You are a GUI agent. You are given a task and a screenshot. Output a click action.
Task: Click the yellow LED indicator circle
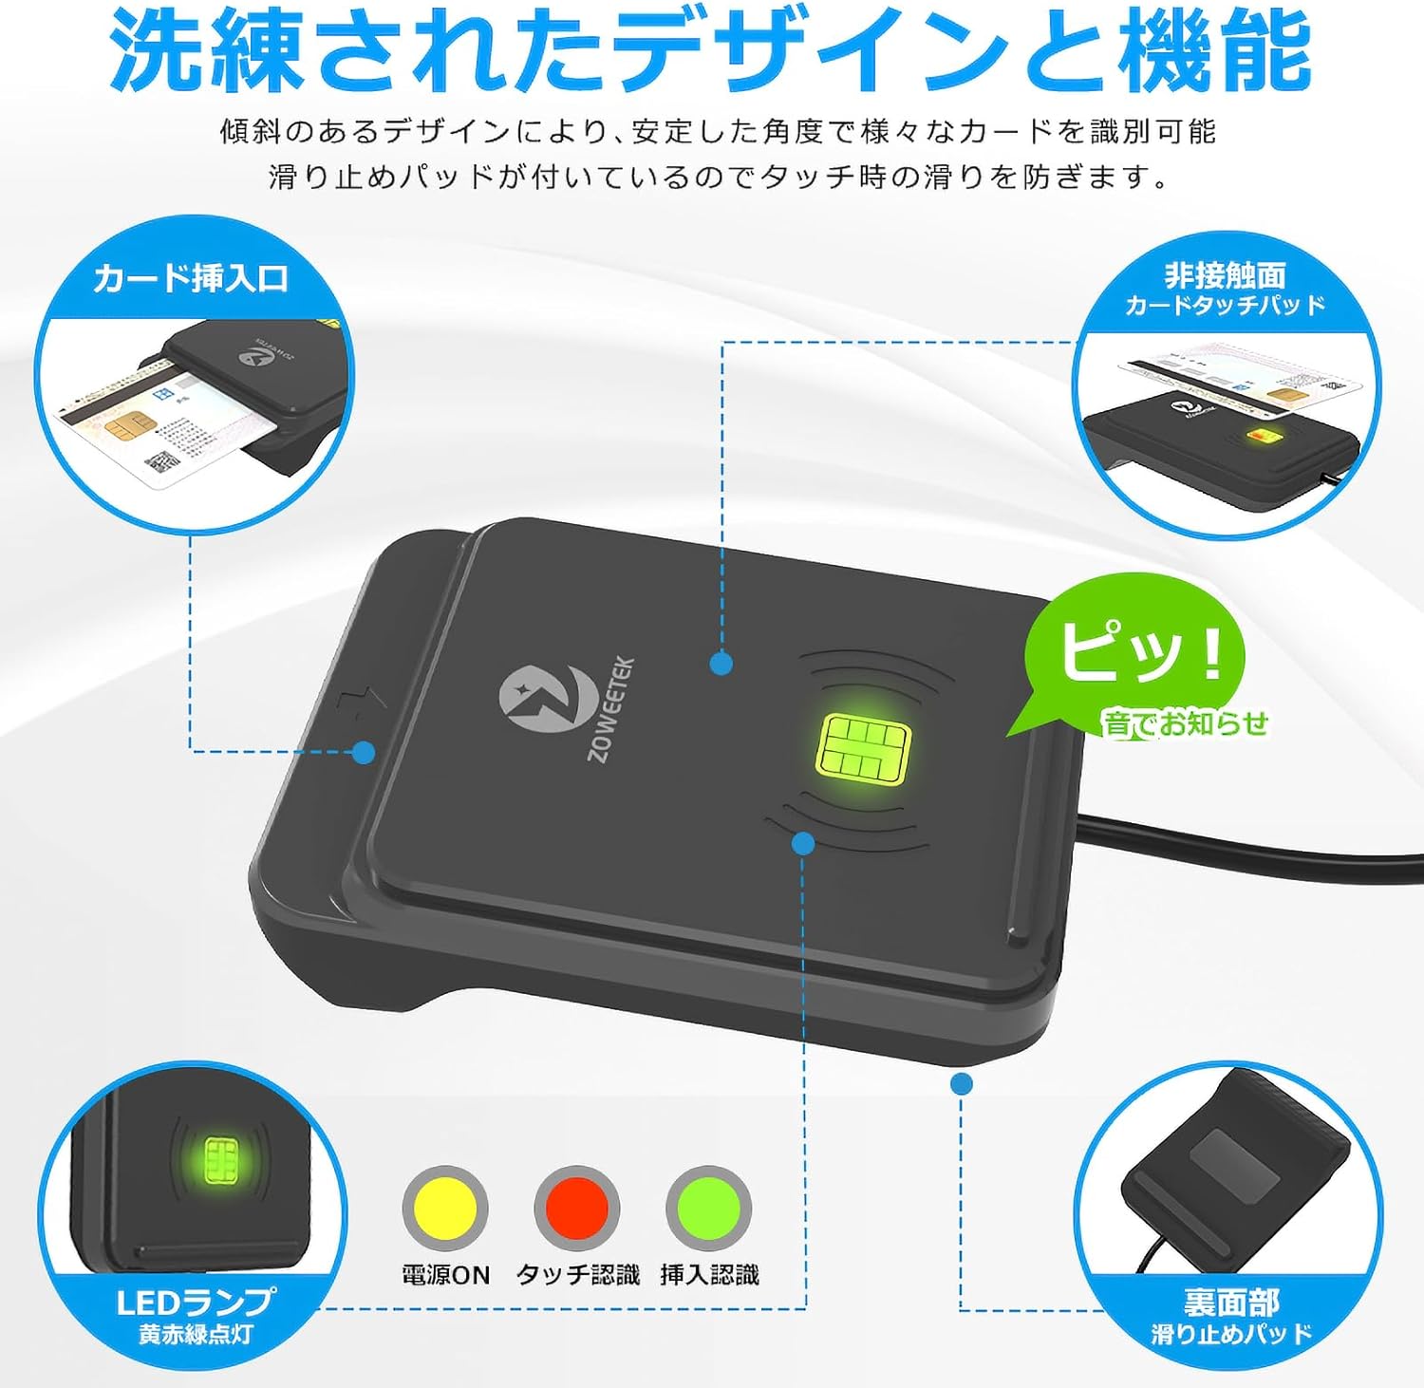(445, 1209)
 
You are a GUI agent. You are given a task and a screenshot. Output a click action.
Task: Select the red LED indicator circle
(577, 1209)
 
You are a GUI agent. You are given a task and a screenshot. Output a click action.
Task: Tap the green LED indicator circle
(709, 1209)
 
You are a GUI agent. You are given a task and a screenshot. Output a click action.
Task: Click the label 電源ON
(445, 1275)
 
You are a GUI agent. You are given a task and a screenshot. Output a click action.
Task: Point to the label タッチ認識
(577, 1275)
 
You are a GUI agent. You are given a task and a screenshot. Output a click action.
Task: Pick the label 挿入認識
(709, 1275)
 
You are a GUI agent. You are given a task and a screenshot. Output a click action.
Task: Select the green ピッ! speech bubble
(1135, 655)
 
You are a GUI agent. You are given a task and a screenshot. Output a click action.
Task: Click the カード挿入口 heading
(191, 278)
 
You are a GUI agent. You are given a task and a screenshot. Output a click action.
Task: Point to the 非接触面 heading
(1225, 275)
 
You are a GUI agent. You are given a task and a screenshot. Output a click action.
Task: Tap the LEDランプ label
(196, 1302)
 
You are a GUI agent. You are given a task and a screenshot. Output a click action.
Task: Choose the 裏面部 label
(1231, 1302)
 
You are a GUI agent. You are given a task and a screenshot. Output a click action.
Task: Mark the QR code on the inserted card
(162, 463)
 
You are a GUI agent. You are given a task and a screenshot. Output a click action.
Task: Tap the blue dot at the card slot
(364, 753)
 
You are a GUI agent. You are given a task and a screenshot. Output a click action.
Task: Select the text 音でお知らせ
(1185, 723)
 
